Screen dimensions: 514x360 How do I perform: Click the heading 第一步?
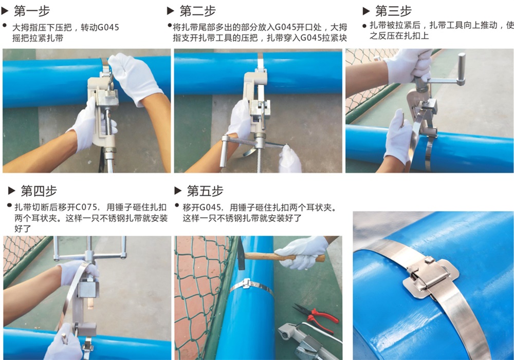[x=32, y=11]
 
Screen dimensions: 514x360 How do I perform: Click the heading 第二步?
[x=198, y=11]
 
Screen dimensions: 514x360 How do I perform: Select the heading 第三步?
[x=393, y=11]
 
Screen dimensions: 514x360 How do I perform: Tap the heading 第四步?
[x=39, y=191]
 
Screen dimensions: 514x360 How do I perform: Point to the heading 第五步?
[x=205, y=191]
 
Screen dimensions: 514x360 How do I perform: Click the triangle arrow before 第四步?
[x=12, y=191]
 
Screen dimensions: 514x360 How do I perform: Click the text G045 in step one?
[x=108, y=27]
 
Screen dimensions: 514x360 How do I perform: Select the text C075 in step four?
[x=86, y=207]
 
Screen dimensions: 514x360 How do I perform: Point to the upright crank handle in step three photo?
[x=462, y=69]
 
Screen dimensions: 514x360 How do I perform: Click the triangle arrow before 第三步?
[x=366, y=11]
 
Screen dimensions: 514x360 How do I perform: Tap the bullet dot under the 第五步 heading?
[x=177, y=205]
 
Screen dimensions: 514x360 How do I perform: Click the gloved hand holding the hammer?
[x=300, y=252]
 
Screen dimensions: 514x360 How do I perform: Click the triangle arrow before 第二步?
[x=171, y=11]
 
